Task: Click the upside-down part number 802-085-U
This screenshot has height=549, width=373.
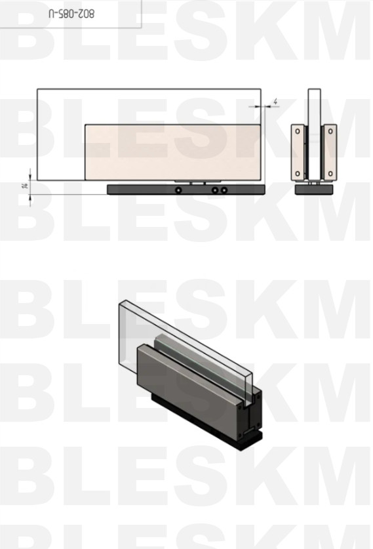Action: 71,14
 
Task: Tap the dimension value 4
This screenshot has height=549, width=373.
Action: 275,102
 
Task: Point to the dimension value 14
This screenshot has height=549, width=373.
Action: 25,186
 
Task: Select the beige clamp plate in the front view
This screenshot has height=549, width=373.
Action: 173,152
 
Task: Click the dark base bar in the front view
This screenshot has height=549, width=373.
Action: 186,190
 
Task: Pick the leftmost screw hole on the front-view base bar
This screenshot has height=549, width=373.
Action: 178,190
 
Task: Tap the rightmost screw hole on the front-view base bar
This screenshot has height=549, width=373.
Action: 224,190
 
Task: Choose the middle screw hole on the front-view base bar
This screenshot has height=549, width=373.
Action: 215,190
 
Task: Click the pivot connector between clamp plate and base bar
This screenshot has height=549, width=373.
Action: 198,182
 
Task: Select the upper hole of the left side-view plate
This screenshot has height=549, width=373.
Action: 298,132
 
